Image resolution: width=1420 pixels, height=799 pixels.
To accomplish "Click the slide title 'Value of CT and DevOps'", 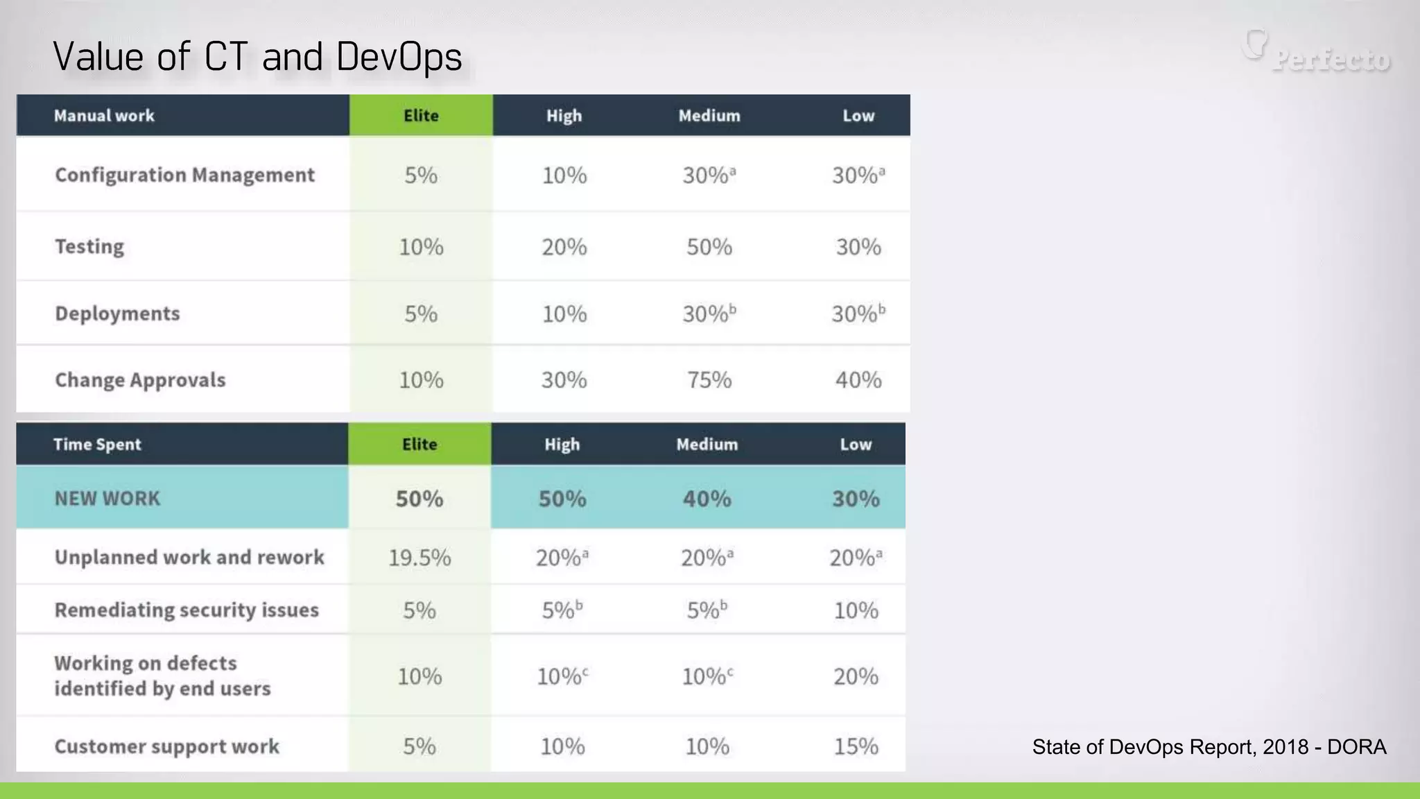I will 257,57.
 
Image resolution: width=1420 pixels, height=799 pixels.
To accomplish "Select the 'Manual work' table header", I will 104,116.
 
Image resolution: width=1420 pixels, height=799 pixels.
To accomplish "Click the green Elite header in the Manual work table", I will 421,116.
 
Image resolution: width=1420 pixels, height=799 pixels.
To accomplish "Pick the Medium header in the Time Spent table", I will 707,445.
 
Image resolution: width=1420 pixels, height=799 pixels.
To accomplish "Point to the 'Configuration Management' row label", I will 184,175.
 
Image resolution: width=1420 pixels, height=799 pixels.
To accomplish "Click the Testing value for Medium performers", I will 709,247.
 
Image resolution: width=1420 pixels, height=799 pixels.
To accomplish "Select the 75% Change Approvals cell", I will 709,380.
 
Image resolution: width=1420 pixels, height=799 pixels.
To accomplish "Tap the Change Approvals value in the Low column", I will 858,380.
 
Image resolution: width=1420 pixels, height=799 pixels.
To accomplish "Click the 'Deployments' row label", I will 117,313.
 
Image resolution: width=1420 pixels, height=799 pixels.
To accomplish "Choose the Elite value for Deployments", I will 421,314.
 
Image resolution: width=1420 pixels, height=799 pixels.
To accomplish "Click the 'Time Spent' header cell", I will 97,445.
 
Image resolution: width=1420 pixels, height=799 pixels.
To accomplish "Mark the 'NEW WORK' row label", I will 107,499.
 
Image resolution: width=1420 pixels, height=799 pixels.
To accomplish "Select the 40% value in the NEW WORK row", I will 707,499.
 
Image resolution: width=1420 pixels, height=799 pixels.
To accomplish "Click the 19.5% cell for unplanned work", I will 419,558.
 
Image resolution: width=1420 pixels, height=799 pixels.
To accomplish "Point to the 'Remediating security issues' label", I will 187,610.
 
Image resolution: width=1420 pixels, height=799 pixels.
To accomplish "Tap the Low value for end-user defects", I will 856,676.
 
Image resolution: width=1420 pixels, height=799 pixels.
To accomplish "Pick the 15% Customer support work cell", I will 856,746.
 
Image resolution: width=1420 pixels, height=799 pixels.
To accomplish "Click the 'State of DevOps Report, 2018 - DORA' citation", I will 1209,747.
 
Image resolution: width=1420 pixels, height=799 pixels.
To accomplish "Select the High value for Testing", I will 564,247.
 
